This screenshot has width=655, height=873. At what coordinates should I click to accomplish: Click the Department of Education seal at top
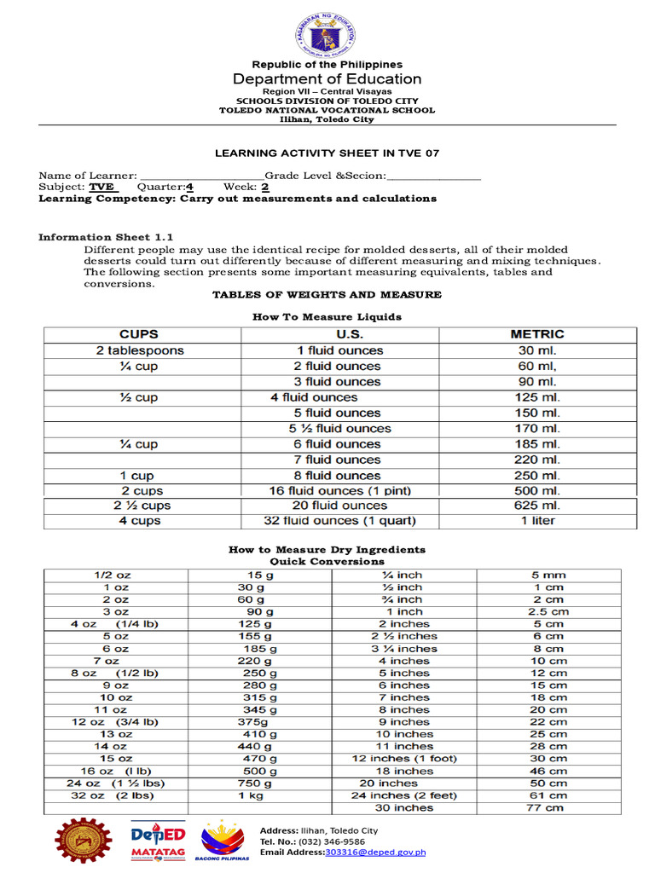(327, 35)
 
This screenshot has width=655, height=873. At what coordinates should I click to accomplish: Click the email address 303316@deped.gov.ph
(375, 853)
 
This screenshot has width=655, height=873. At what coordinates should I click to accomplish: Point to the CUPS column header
(139, 334)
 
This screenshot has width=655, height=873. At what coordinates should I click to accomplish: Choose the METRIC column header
(537, 334)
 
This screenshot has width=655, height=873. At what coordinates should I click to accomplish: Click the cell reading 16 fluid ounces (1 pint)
(339, 491)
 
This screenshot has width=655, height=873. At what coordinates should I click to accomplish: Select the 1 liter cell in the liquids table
(537, 521)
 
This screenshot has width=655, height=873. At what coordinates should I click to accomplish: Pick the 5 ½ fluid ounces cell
(339, 429)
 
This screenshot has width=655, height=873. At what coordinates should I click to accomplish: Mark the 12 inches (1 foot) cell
(404, 758)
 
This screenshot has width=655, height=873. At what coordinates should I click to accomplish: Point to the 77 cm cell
(548, 807)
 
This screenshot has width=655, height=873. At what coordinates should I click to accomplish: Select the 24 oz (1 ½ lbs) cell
(116, 783)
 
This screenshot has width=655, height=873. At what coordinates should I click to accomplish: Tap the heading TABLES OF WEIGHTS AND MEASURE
(327, 295)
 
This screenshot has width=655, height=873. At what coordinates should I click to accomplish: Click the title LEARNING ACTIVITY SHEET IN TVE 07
(327, 153)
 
